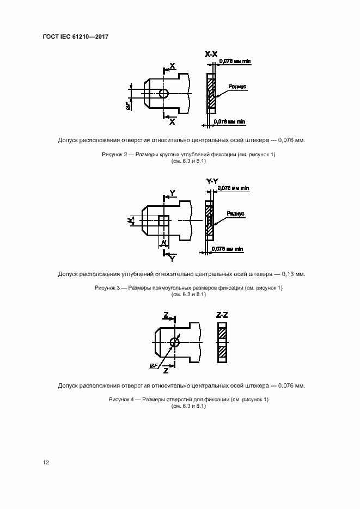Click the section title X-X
[211, 54]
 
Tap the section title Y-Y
[212, 181]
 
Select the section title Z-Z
[222, 315]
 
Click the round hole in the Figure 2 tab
[164, 93]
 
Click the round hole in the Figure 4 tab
[174, 342]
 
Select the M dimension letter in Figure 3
[130, 220]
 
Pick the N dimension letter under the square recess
[163, 241]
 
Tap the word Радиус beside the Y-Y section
[235, 214]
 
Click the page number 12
[46, 463]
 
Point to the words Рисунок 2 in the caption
[114, 155]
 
